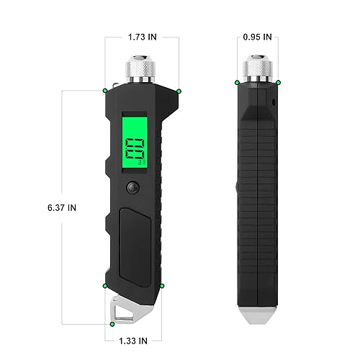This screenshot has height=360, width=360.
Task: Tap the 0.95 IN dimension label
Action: pos(258,35)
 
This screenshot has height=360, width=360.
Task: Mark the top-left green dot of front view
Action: pos(105,90)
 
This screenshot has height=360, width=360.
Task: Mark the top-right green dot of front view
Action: pos(179,90)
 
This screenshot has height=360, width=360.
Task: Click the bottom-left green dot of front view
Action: pos(106,286)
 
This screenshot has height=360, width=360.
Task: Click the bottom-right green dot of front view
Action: pos(163,286)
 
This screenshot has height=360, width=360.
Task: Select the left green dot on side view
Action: pos(237,83)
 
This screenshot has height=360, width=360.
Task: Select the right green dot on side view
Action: pos(279,83)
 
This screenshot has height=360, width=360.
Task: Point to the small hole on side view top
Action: pos(274,102)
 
